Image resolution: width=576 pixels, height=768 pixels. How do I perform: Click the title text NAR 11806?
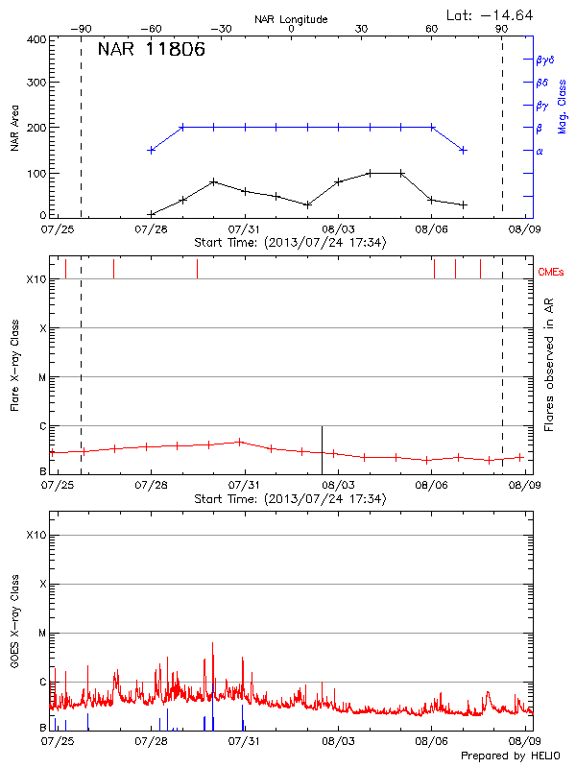click(151, 51)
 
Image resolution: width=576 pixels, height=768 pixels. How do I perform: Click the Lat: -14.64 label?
click(491, 14)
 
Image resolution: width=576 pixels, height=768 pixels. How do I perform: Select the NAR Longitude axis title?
click(291, 19)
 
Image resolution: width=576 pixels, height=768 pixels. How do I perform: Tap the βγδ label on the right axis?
click(544, 60)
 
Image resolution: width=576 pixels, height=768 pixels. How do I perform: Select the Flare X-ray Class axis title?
click(13, 365)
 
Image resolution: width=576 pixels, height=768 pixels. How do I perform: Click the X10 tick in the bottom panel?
click(37, 535)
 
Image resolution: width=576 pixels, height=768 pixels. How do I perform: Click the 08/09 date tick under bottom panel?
click(523, 741)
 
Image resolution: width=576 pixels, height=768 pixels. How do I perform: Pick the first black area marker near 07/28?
click(151, 214)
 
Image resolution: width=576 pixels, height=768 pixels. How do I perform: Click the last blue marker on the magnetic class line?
click(464, 150)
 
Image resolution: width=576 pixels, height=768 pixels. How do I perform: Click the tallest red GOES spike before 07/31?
click(212, 644)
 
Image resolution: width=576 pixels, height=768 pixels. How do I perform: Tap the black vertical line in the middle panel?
click(322, 449)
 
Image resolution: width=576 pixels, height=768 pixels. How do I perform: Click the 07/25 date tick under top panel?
click(57, 230)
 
